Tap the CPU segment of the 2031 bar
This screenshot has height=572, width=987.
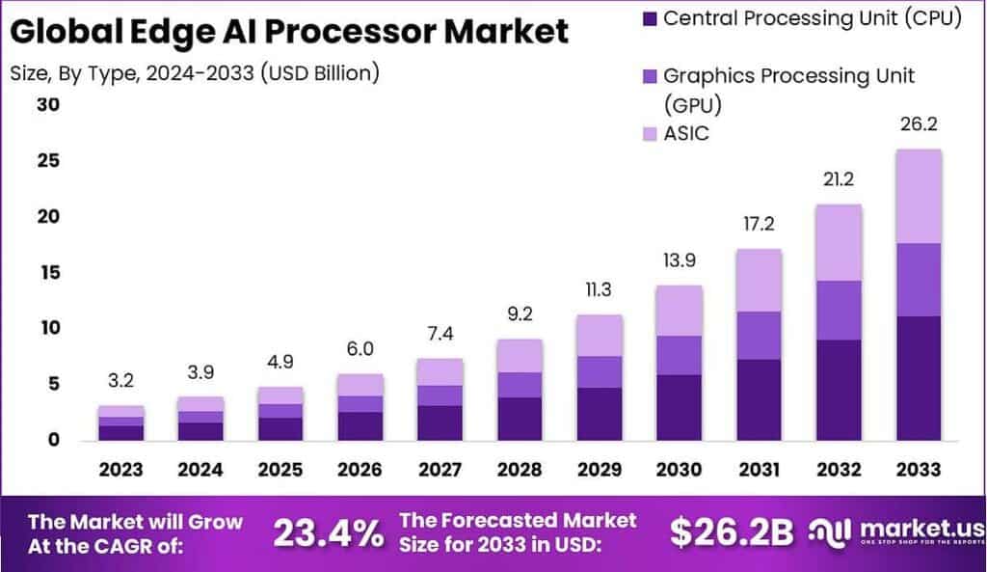[x=759, y=399]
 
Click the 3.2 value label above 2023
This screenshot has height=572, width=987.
[x=120, y=381]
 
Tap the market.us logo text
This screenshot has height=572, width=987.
[x=920, y=529]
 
